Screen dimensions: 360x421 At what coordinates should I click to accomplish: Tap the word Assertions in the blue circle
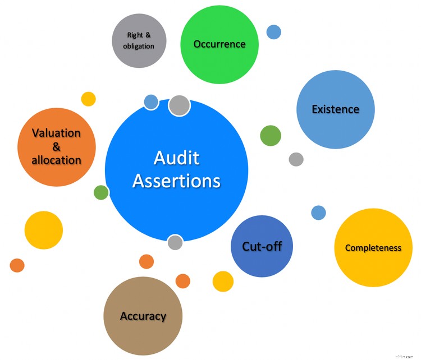(176, 181)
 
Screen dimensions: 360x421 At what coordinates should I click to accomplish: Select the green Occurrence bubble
(219, 44)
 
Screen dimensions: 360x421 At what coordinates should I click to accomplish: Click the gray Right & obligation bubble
(139, 40)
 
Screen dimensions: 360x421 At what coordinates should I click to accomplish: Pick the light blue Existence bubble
(335, 109)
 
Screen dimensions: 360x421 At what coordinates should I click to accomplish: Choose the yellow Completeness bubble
(373, 247)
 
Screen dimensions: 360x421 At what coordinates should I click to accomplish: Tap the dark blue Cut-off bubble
(262, 246)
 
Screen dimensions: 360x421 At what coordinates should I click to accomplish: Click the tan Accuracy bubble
(143, 316)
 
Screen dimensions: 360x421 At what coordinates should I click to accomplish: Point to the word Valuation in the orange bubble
(56, 133)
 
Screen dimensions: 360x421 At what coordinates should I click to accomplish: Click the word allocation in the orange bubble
(56, 160)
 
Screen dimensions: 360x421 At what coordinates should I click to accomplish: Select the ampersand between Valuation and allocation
(56, 147)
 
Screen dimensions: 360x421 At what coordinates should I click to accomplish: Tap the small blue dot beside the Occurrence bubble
(273, 32)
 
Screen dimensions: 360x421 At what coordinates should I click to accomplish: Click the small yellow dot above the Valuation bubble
(89, 99)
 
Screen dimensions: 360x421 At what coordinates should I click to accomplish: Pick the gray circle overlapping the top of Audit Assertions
(179, 105)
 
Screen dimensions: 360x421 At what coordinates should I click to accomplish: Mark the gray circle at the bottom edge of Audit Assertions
(175, 242)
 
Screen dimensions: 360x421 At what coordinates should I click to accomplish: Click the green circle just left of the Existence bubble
(271, 136)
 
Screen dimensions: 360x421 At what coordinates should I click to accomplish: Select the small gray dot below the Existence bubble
(296, 159)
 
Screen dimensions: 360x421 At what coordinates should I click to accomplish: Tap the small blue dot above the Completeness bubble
(318, 213)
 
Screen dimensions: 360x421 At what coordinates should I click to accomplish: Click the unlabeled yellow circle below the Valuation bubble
(44, 230)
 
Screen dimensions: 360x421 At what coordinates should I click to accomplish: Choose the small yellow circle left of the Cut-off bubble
(223, 281)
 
